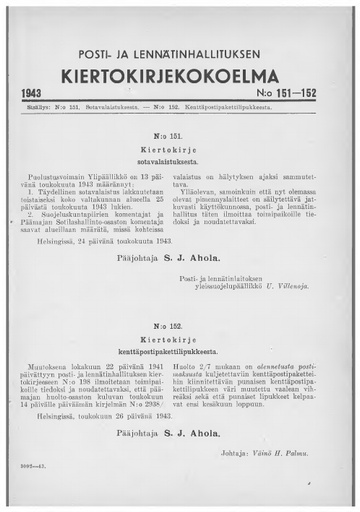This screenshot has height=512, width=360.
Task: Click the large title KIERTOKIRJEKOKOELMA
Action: click(x=180, y=76)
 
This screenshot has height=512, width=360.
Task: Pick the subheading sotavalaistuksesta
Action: click(x=180, y=157)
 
